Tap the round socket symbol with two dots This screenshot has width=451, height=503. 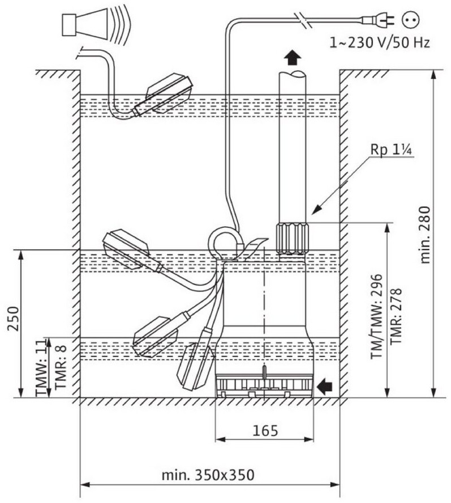tap(411, 20)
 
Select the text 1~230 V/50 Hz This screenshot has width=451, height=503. tap(379, 42)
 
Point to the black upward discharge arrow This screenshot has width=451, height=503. tap(293, 58)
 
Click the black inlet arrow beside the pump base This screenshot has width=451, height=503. tap(324, 386)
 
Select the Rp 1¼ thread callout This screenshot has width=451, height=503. tap(390, 150)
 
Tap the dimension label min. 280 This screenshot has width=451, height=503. tap(424, 235)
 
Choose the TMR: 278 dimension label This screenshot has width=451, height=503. tap(396, 316)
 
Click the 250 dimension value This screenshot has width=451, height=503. tap(14, 319)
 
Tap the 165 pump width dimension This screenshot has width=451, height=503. tap(265, 431)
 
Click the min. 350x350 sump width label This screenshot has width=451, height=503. tap(208, 475)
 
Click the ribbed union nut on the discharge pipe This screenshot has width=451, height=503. tap(291, 239)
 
